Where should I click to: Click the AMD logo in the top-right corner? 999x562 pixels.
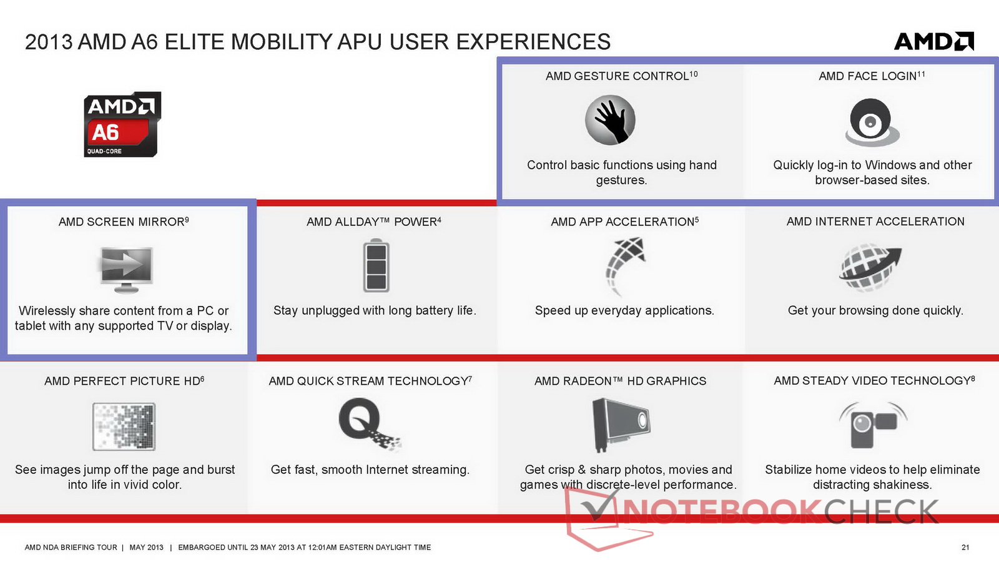[x=934, y=41]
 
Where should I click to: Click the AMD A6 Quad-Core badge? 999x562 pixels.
[x=122, y=124]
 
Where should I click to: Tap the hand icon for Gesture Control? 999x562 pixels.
[x=610, y=120]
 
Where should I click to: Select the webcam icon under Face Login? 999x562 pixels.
[x=872, y=122]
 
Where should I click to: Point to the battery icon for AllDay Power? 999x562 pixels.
[x=376, y=265]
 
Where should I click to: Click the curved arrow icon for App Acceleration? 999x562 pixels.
[x=625, y=267]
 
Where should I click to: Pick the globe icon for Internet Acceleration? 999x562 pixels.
[x=870, y=267]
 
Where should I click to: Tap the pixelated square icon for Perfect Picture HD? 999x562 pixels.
[x=124, y=426]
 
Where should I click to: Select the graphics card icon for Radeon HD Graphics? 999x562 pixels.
[x=621, y=425]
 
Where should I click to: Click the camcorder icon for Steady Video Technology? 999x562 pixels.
[x=873, y=425]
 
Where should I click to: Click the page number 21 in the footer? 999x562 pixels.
[x=965, y=547]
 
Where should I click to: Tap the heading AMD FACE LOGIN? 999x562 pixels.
[x=867, y=76]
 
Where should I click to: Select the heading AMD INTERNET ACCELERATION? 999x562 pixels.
[x=875, y=222]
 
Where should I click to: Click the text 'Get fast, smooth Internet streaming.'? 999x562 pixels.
[x=370, y=470]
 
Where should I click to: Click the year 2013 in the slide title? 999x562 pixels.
[x=49, y=42]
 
